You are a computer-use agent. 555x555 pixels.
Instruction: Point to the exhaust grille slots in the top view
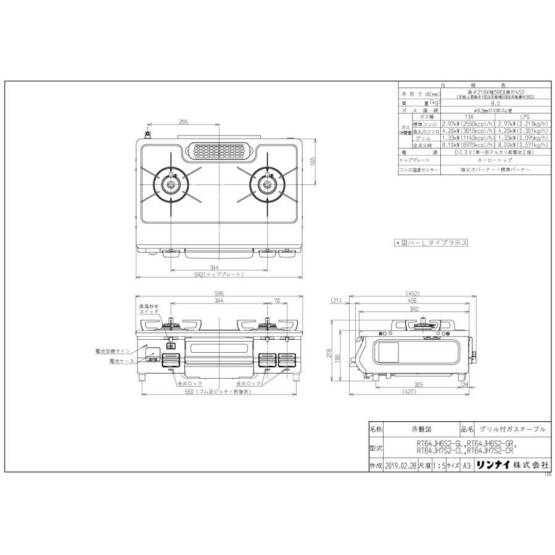click(220, 150)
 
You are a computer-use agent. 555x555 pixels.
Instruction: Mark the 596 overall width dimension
click(220, 294)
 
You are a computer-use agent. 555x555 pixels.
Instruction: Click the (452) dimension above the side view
click(413, 294)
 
